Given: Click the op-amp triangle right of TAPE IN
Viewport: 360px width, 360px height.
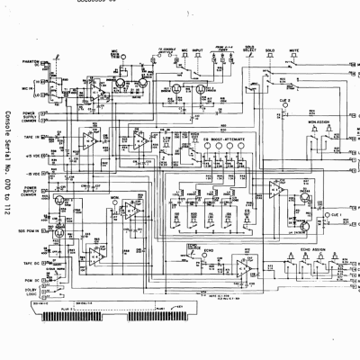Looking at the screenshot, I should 88,139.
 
